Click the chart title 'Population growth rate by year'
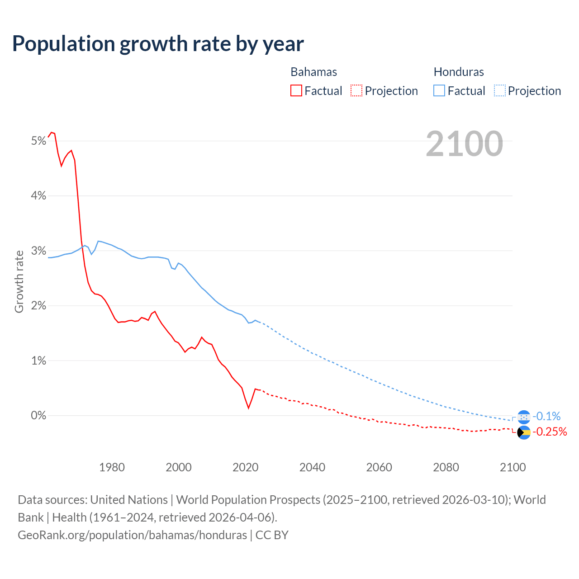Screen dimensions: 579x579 158,44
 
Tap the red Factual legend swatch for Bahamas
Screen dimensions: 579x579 296,90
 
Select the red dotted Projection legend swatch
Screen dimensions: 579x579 356,90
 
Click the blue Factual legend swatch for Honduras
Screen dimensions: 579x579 439,90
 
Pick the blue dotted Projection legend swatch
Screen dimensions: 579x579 499,90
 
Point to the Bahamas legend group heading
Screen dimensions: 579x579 313,72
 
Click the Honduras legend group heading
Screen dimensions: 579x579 459,72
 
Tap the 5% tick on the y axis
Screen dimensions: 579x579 38,141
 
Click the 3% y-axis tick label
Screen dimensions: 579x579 38,251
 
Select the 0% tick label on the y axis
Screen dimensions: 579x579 38,416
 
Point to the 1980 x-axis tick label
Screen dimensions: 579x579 112,467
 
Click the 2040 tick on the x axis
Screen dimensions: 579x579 312,467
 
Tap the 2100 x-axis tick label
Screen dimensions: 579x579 513,467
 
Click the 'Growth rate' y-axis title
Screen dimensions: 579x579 19,281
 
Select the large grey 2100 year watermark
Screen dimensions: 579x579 464,144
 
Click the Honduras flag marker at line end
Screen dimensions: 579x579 523,417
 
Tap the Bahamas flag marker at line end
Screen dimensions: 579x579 523,432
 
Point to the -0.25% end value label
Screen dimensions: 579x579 550,432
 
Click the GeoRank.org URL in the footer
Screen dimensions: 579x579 132,535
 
